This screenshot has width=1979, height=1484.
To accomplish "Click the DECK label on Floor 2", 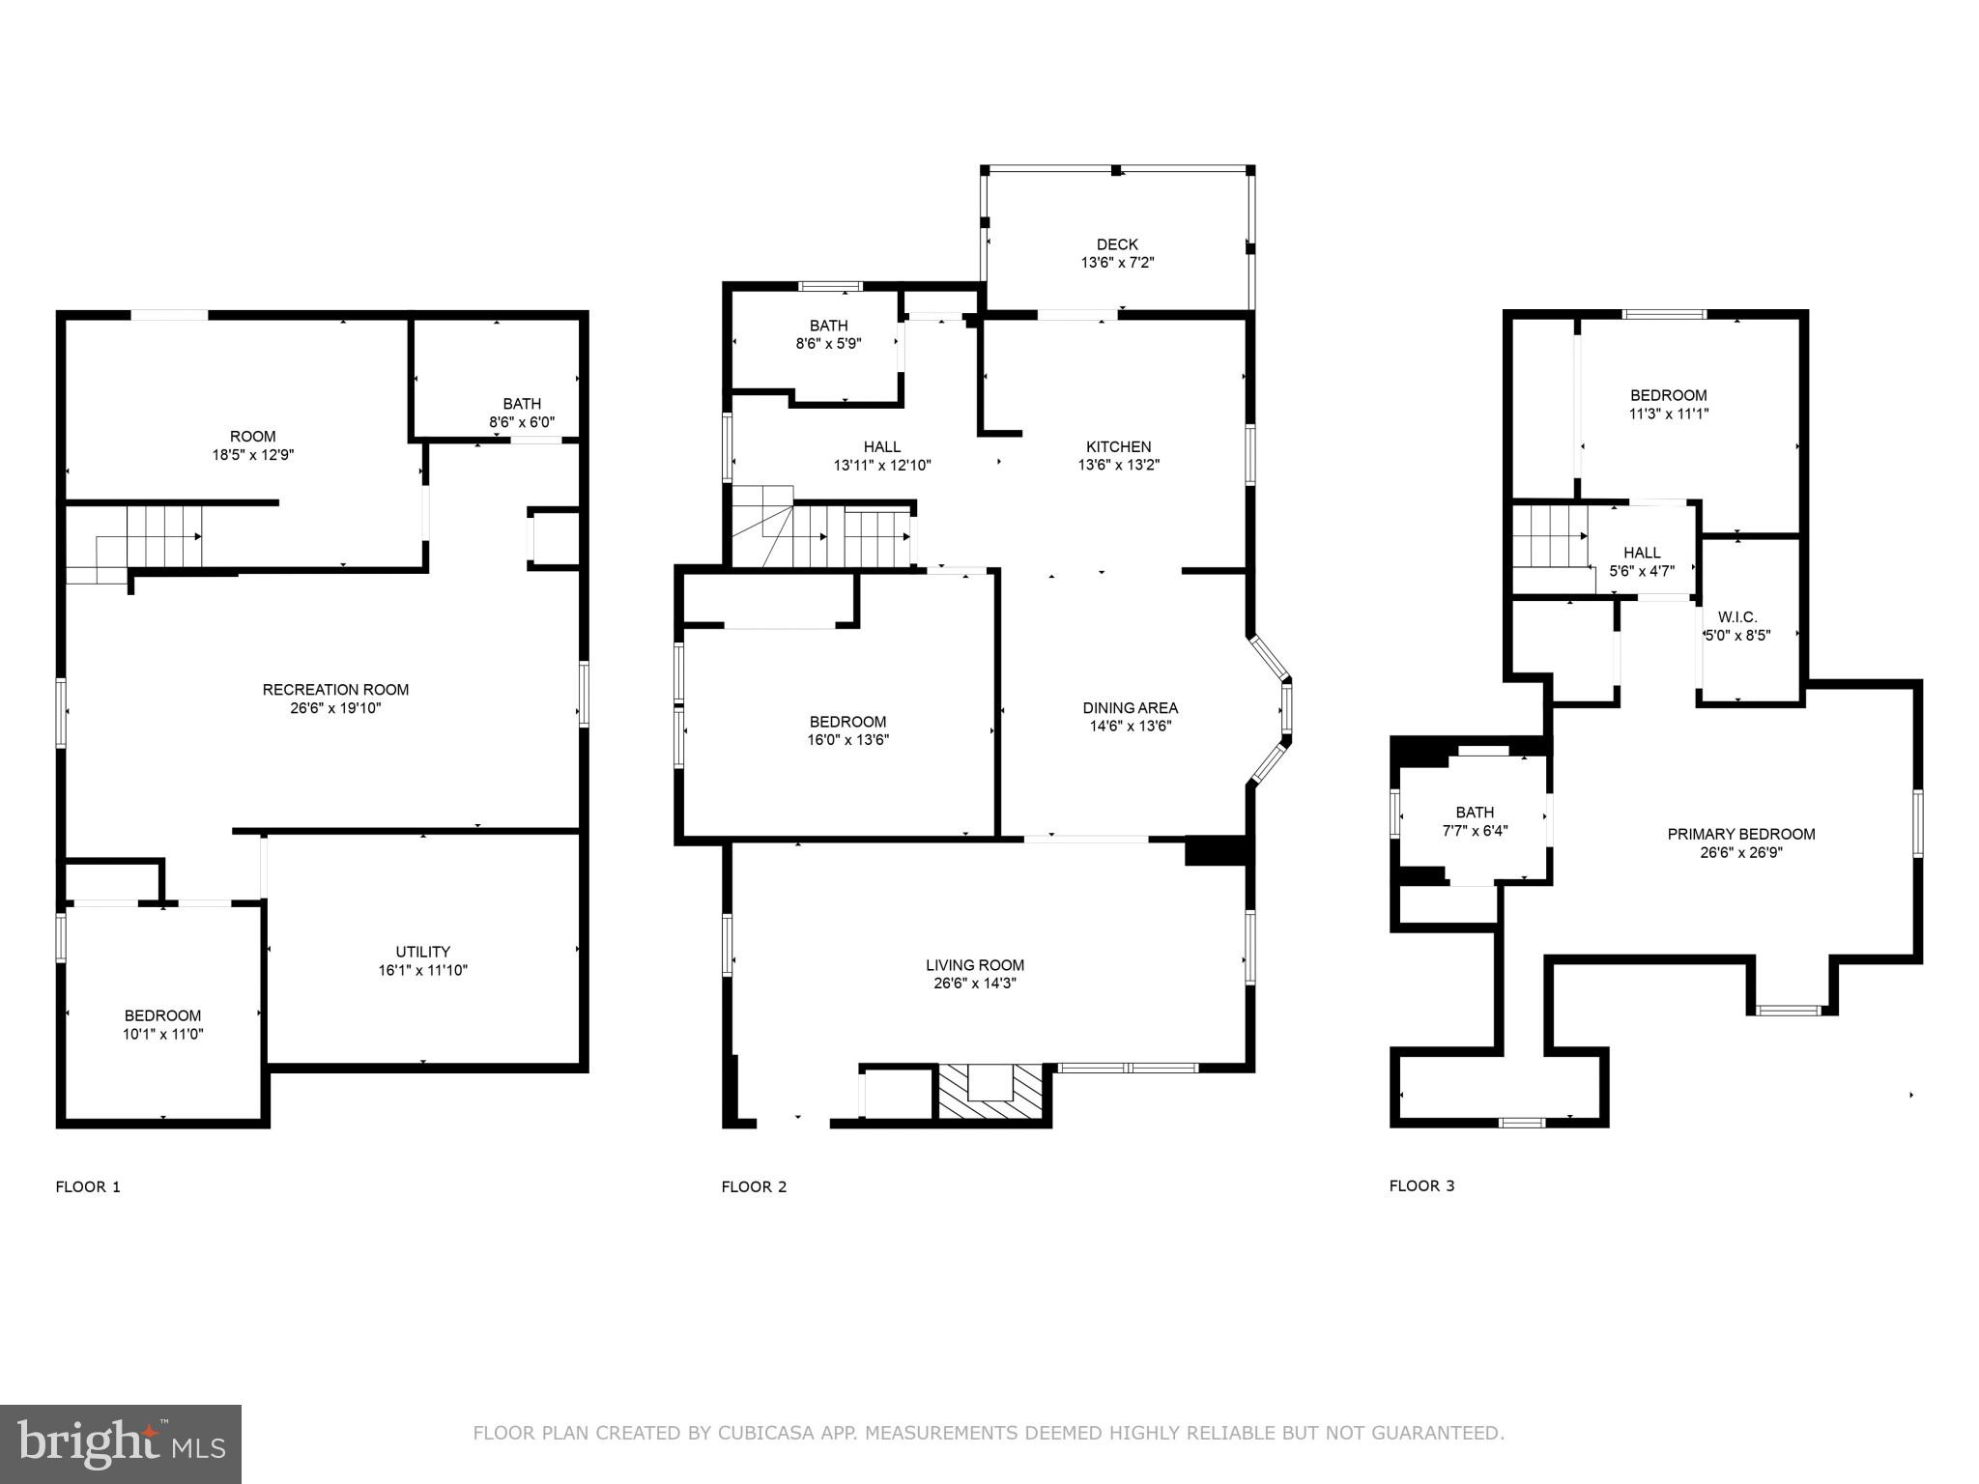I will tap(1117, 244).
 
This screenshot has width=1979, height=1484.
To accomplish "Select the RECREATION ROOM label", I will tap(335, 690).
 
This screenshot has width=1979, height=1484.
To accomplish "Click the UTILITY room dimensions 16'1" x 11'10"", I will tap(422, 970).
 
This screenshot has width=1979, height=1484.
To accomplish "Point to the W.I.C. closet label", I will tap(1737, 617).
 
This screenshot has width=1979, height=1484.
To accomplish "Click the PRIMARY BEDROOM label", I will tap(1740, 834).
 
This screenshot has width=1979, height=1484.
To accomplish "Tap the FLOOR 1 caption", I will tap(88, 1186).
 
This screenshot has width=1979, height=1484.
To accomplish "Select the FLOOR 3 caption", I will tap(1421, 1185).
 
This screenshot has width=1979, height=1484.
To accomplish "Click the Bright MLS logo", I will tap(121, 1444).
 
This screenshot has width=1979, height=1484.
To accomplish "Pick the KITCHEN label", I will tap(1118, 446).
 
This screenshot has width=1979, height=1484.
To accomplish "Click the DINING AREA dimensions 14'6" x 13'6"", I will tap(1131, 727).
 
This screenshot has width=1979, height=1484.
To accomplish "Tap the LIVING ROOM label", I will tap(974, 965).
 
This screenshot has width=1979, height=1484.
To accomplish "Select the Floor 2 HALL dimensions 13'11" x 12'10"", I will tap(882, 465).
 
